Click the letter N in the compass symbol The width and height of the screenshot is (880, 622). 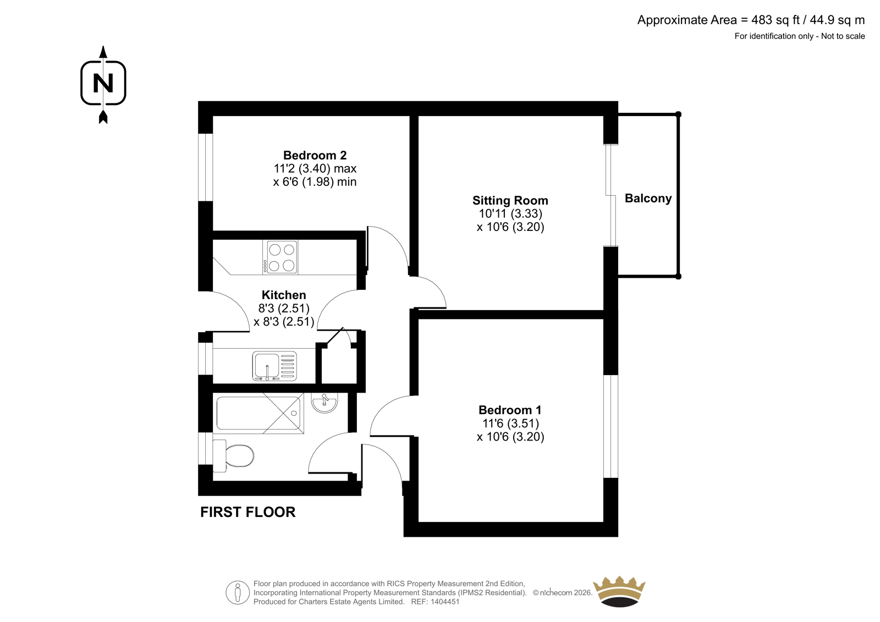pos(103,83)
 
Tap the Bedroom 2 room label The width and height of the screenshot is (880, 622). pos(315,155)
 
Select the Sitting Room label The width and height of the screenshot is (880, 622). pos(510,200)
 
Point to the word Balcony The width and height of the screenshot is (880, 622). pos(648,199)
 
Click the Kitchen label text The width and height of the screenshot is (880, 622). pos(284,295)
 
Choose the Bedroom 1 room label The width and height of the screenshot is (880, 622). pos(510,410)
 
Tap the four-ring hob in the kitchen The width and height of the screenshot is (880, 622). pos(280,257)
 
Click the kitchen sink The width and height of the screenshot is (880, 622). pos(274,366)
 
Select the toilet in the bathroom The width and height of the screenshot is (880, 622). pos(233,456)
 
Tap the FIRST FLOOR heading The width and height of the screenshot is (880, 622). pos(248,513)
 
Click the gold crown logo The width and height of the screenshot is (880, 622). pos(619,592)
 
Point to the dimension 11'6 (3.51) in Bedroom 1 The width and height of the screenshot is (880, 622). pos(510,423)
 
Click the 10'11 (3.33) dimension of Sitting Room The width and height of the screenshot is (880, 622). pos(510,214)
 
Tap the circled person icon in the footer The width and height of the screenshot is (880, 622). pos(238,592)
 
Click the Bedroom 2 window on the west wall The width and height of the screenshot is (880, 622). pos(206,167)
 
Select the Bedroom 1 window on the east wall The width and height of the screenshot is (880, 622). pos(611,426)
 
